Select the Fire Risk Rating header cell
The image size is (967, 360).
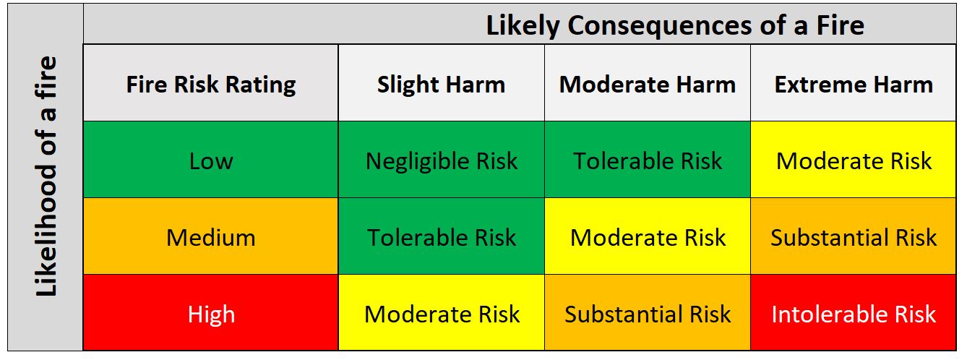(x=211, y=84)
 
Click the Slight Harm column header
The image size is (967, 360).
(x=441, y=84)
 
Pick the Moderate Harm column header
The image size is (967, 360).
(x=648, y=84)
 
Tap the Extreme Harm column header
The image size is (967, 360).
(x=854, y=84)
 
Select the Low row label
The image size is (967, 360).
(x=211, y=160)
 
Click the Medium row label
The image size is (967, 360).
(x=211, y=237)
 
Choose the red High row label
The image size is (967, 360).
(x=211, y=314)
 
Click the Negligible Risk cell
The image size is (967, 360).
(x=441, y=160)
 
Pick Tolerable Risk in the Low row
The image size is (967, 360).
(x=648, y=160)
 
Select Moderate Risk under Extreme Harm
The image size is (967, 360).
(x=854, y=160)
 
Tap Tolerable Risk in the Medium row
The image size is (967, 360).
(x=441, y=237)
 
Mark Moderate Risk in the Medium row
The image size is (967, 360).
(x=648, y=237)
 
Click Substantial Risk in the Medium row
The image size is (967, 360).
(x=854, y=237)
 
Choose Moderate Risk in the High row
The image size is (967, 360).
(x=441, y=314)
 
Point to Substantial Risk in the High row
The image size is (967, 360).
(x=648, y=314)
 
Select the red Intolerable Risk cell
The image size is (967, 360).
(x=854, y=314)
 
